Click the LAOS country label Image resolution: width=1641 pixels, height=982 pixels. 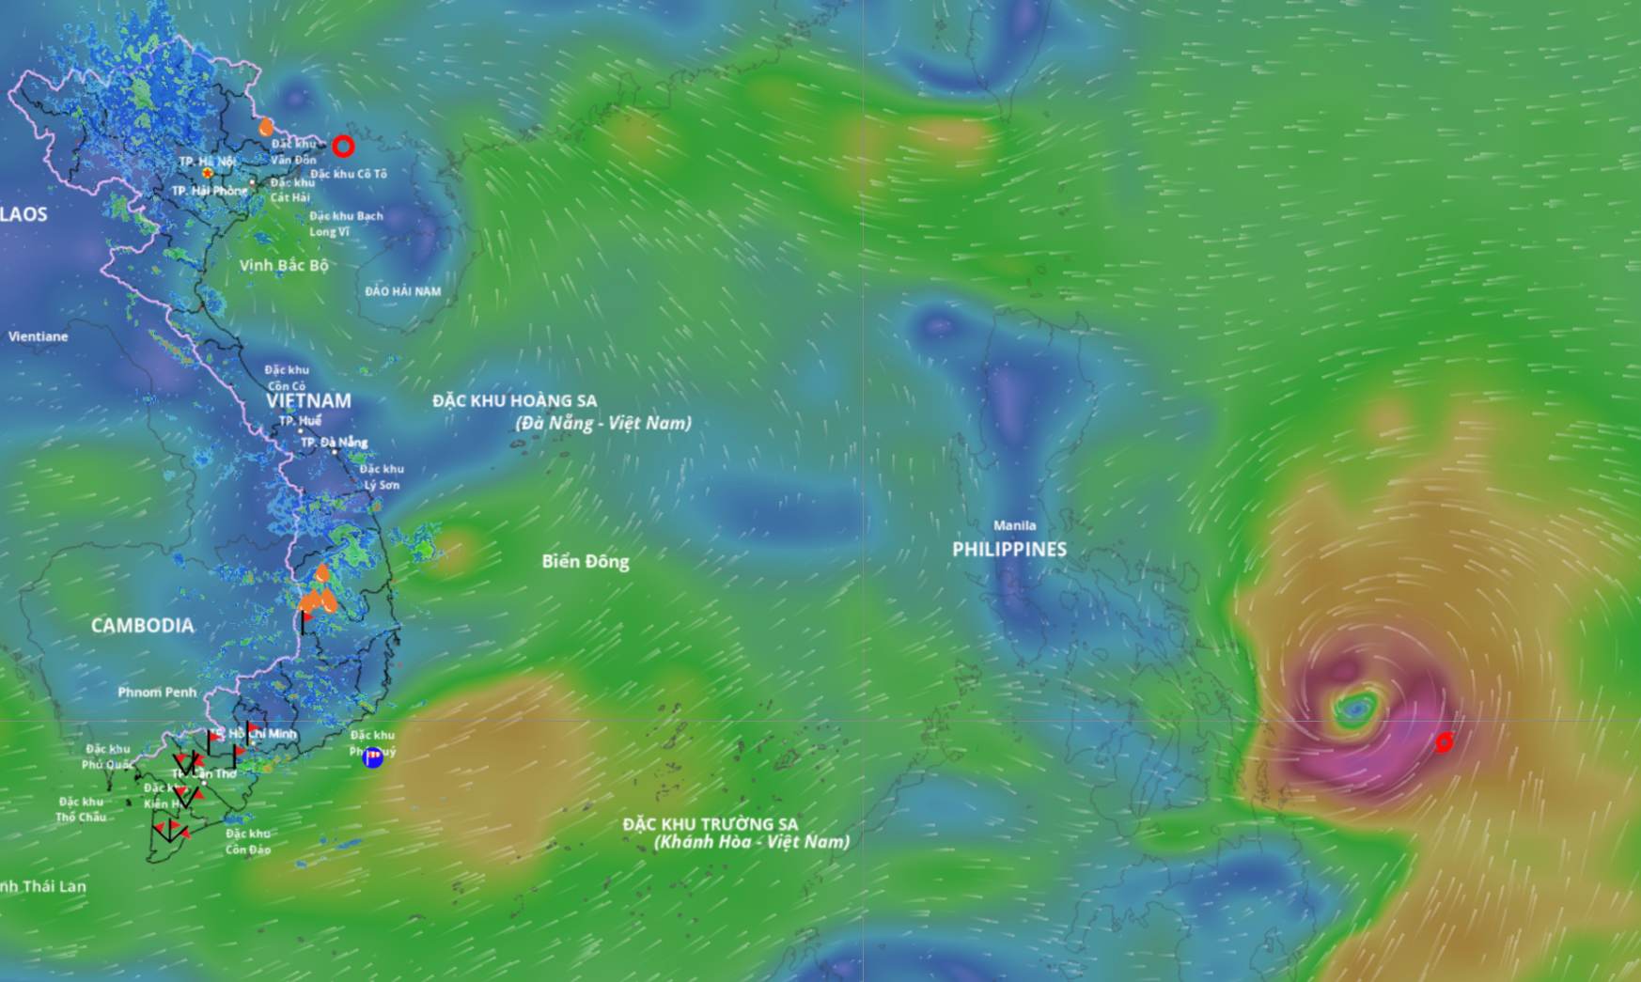(23, 214)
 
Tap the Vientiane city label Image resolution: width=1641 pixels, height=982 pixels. (39, 336)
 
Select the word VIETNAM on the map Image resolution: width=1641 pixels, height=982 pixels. (308, 400)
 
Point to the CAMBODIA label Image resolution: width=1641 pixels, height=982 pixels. (143, 626)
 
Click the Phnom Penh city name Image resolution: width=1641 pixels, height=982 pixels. (157, 693)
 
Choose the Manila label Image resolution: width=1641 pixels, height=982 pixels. (1015, 526)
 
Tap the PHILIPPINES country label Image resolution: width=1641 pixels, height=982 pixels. (1009, 550)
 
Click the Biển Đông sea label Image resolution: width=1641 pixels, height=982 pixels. (586, 562)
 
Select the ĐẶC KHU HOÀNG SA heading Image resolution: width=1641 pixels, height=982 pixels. (515, 401)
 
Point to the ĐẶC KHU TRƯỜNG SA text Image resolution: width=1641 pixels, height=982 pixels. (711, 824)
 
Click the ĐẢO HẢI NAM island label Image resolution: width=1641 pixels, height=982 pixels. (402, 291)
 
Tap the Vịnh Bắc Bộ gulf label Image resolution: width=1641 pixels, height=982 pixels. (284, 266)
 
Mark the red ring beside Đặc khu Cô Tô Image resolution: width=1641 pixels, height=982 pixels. (343, 147)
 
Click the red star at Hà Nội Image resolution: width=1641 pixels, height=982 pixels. (208, 174)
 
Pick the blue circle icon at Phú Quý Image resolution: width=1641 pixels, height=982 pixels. (373, 757)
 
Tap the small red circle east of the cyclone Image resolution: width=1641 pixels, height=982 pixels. (1444, 743)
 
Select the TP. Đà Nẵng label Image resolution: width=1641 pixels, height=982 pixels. (335, 443)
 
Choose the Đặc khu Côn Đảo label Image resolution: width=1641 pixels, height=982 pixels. (248, 842)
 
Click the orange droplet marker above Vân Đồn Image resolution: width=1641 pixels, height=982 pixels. (267, 126)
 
